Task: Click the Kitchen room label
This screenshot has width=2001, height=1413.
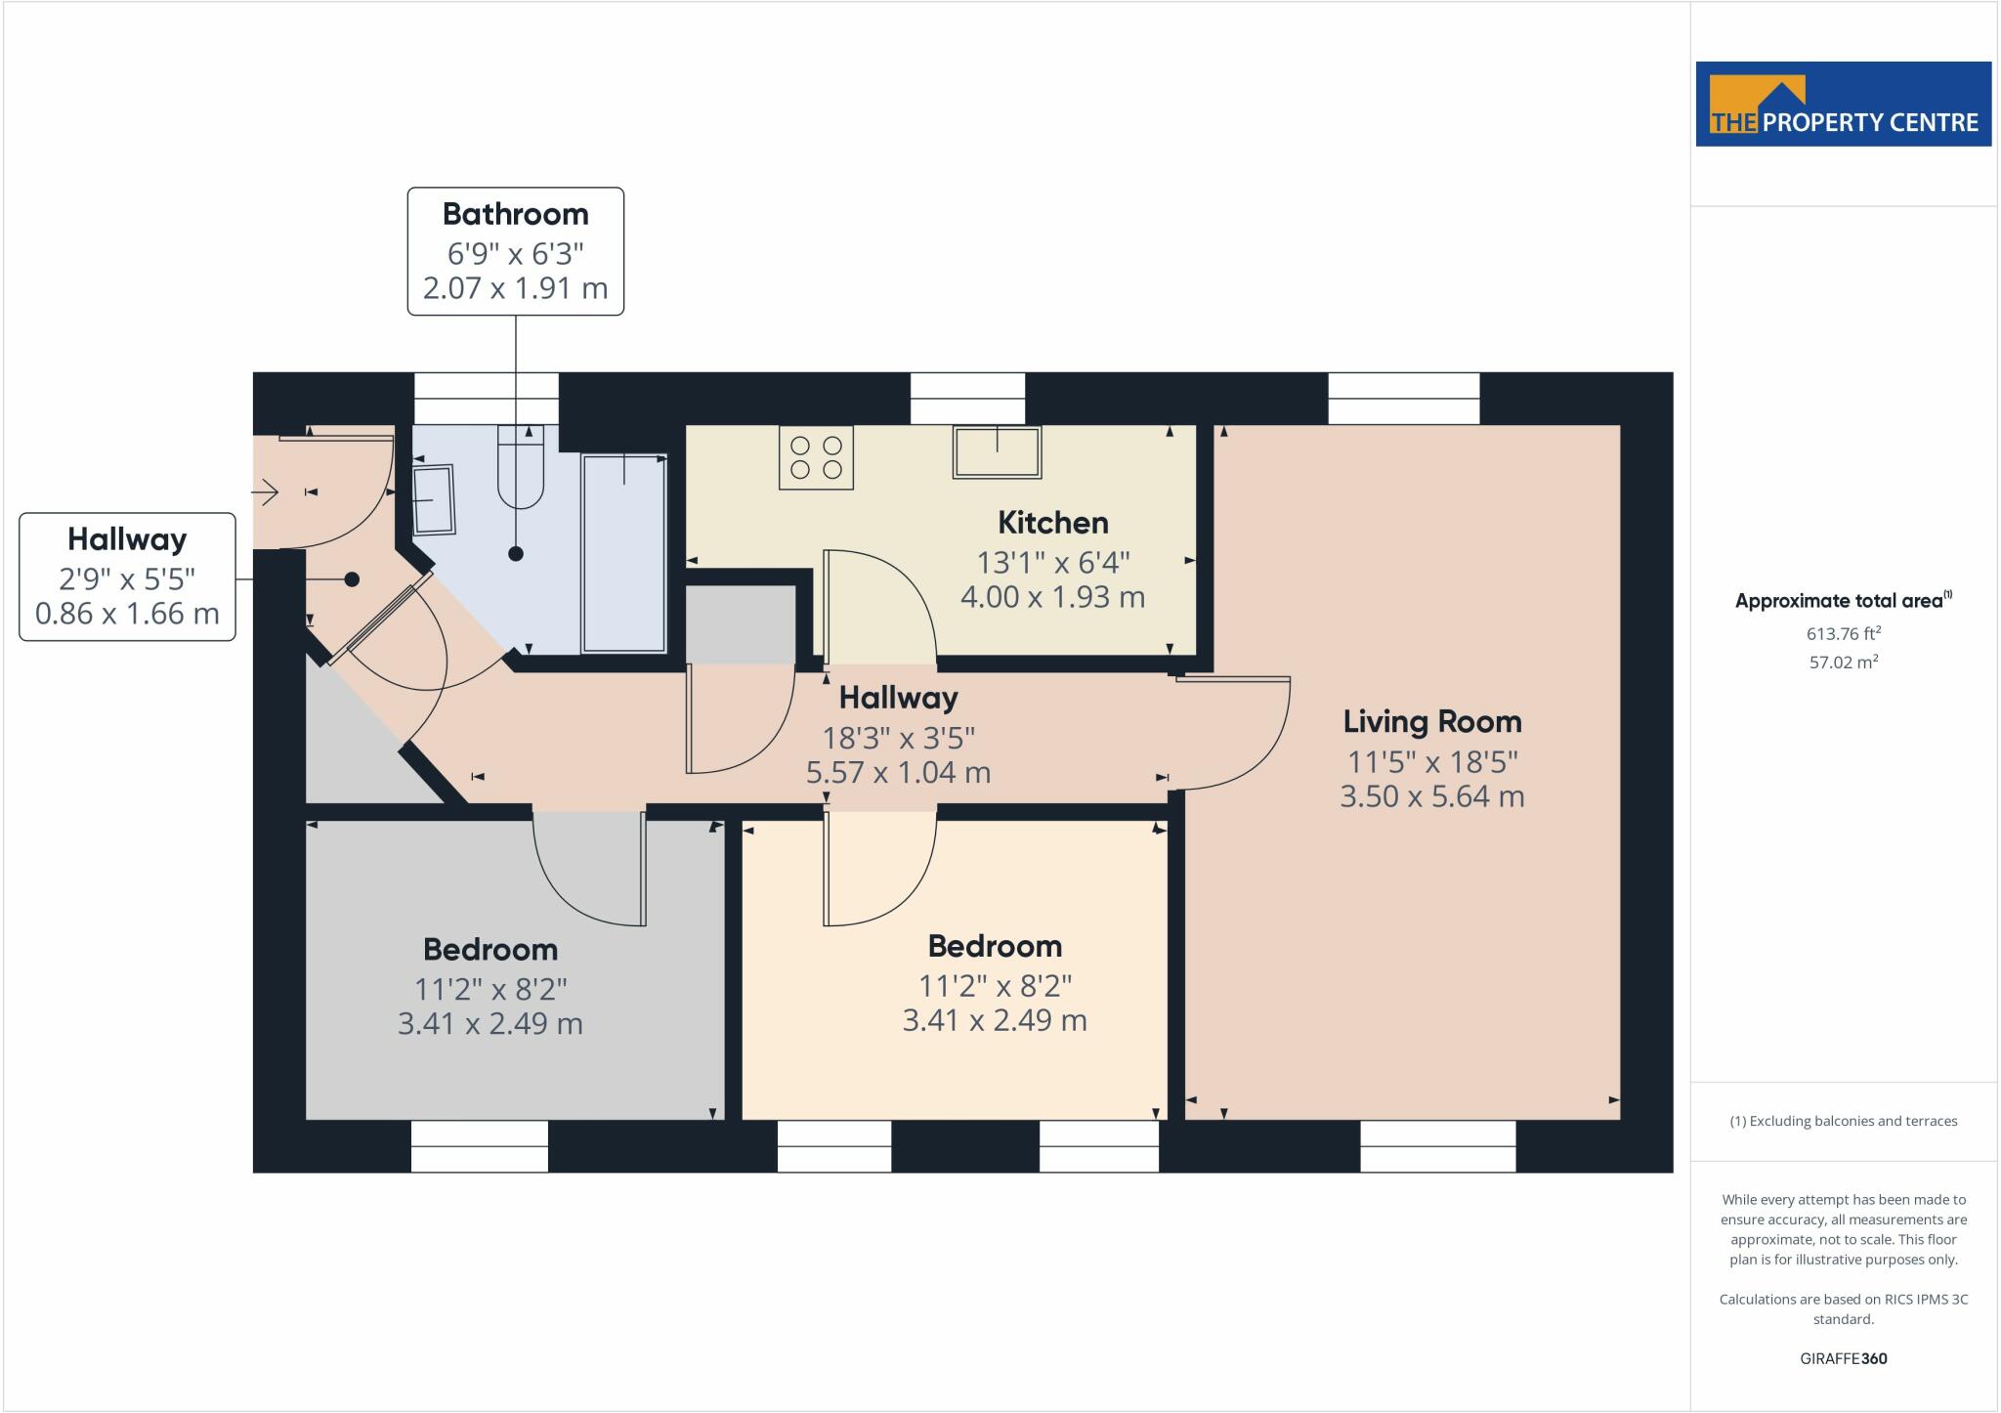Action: point(1053,523)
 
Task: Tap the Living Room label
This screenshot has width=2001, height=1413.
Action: point(1432,722)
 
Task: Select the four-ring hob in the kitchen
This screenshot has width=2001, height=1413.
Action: point(816,457)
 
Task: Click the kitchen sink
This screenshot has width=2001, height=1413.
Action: point(997,451)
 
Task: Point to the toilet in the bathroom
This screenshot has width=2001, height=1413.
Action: point(520,466)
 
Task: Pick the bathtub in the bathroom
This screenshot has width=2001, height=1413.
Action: point(624,553)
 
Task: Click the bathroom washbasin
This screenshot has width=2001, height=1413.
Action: point(434,499)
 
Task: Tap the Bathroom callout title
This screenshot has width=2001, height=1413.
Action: point(516,214)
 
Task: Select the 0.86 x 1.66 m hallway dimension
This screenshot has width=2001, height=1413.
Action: point(127,614)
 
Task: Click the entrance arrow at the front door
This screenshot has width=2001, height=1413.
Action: point(266,493)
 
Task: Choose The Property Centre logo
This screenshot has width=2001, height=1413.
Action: point(1844,105)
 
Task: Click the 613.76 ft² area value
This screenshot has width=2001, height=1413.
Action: point(1844,633)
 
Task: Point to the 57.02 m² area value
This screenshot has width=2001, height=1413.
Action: point(1844,662)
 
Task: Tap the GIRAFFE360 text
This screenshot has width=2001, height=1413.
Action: point(1844,1358)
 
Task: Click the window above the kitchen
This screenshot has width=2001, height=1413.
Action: point(967,399)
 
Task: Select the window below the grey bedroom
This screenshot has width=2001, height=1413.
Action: point(480,1146)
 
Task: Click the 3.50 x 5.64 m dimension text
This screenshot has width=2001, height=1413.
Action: point(1432,796)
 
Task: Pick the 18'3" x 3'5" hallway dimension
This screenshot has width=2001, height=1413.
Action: point(899,737)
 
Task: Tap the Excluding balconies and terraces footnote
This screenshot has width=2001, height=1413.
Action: point(1844,1121)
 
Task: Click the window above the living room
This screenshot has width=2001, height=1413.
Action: point(1404,399)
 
